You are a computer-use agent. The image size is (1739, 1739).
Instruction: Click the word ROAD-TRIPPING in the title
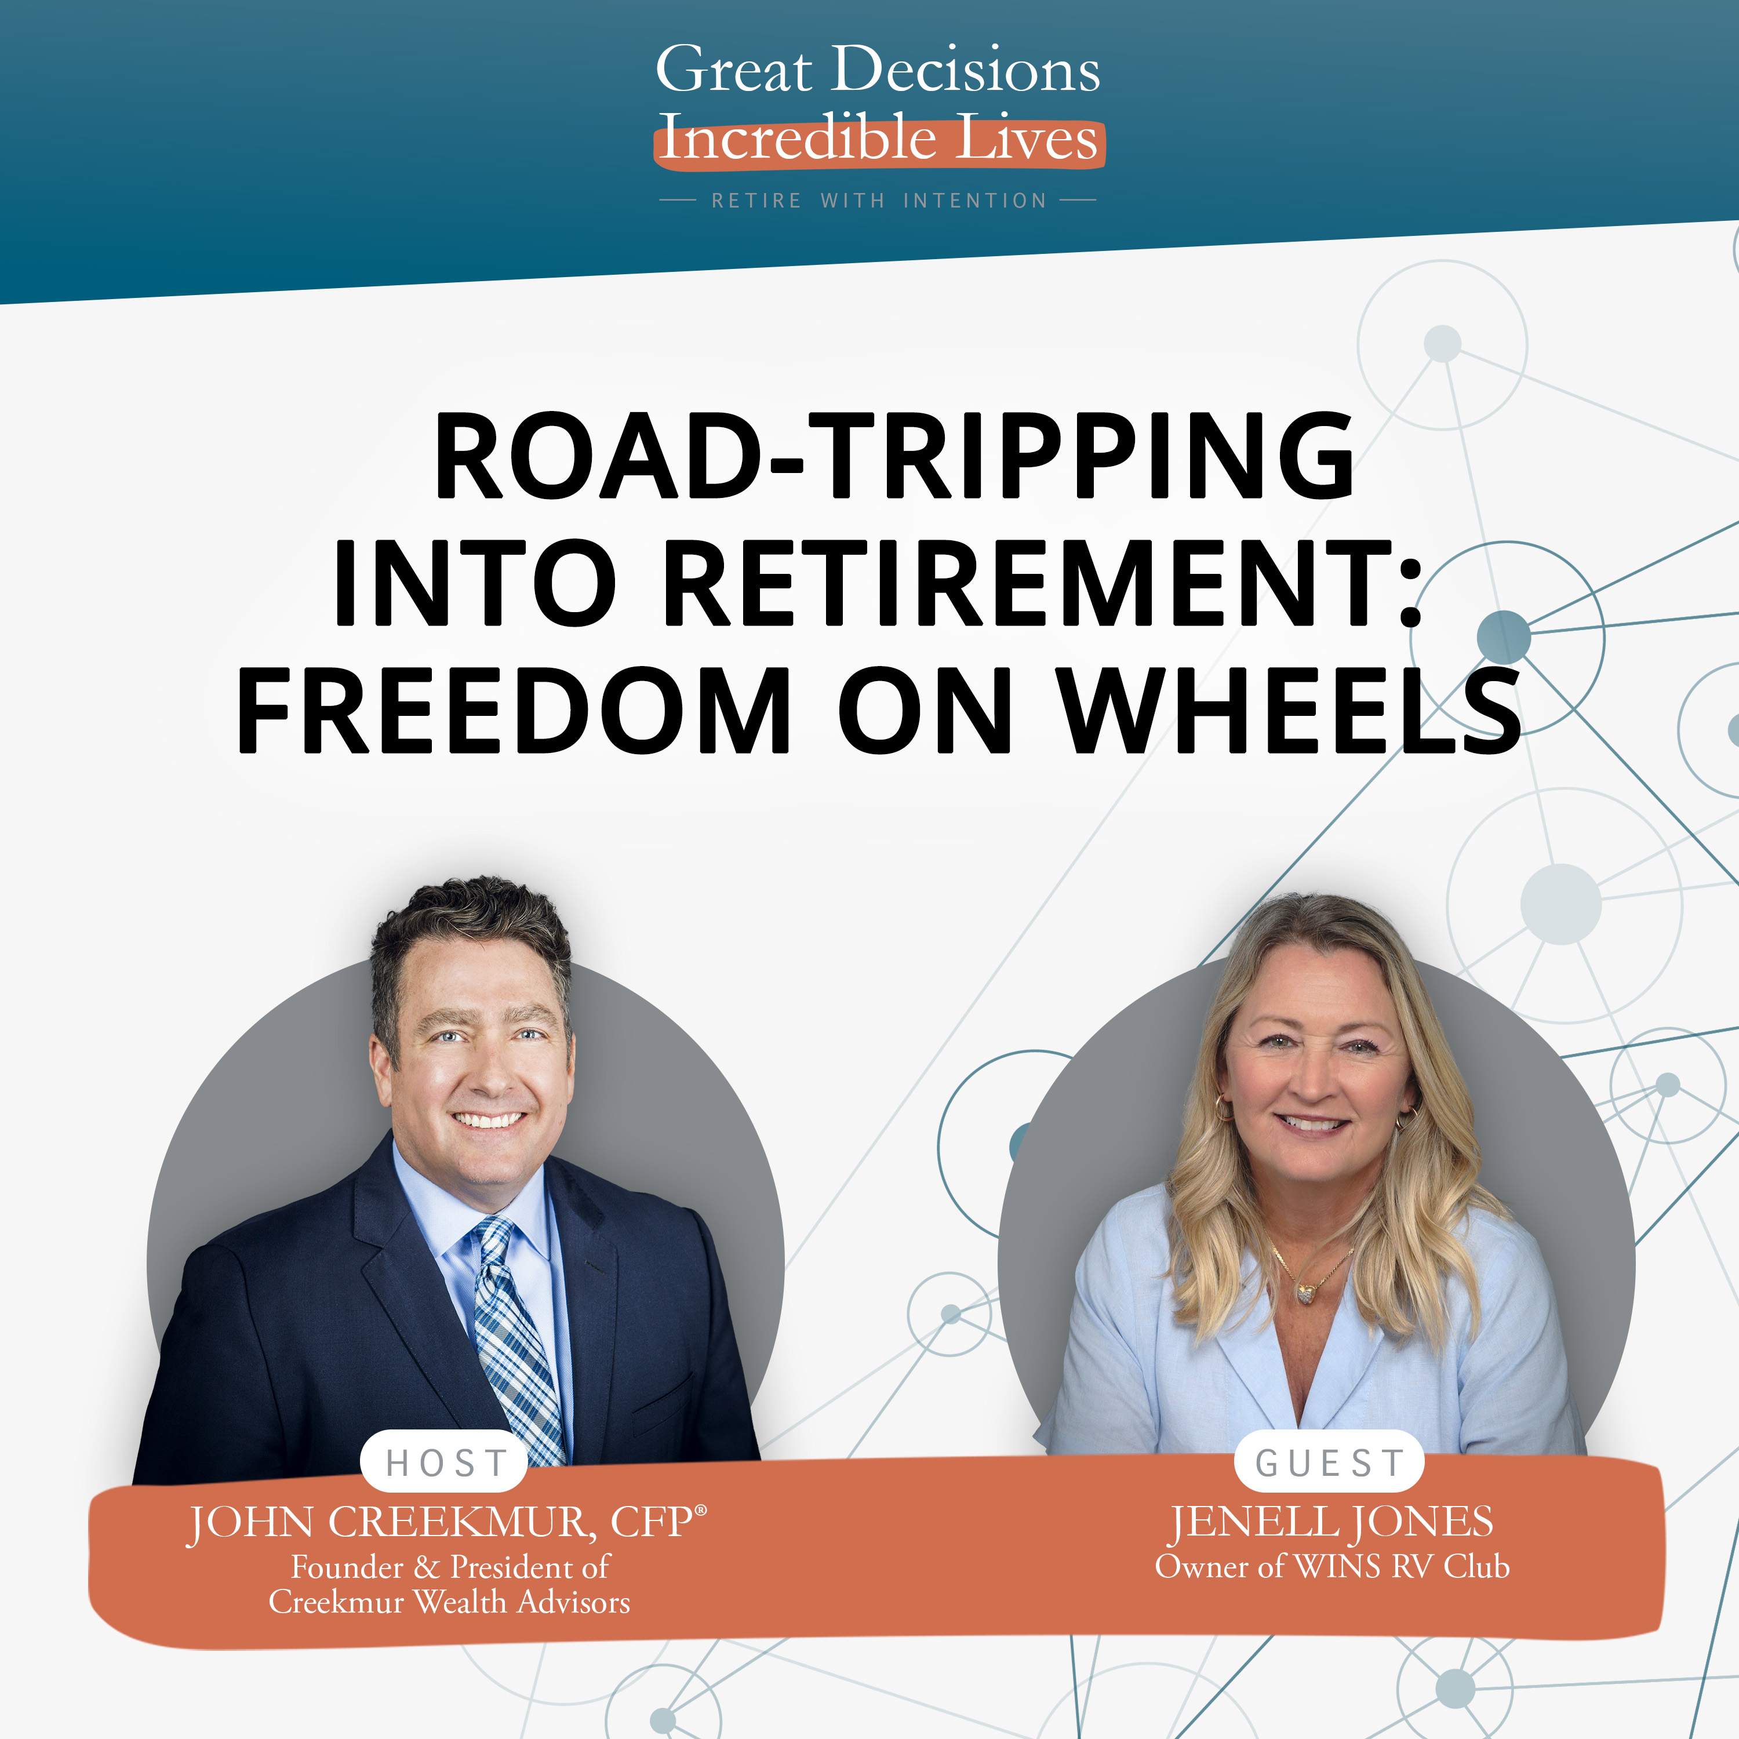[894, 456]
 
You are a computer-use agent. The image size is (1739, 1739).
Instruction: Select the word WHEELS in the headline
[1290, 711]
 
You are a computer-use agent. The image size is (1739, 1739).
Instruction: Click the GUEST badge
[1329, 1462]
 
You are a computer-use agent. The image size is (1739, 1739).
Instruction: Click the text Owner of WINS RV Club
[1331, 1567]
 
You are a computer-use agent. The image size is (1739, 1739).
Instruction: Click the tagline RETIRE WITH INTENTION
[879, 201]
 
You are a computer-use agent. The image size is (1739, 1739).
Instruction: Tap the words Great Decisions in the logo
[878, 70]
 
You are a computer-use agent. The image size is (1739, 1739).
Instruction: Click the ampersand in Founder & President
[425, 1568]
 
